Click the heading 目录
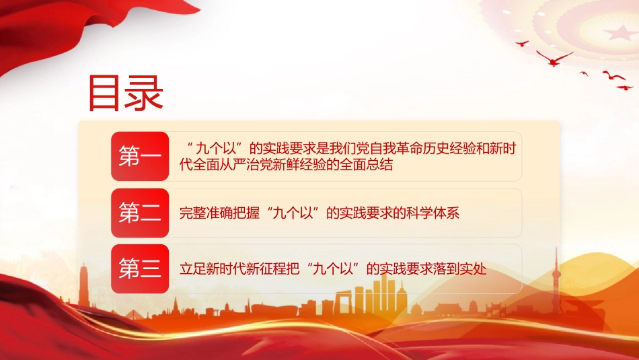point(126,94)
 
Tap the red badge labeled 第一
point(140,156)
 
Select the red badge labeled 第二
point(140,213)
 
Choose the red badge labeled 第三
point(140,268)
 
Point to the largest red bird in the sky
point(554,59)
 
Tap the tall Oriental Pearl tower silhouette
point(556,281)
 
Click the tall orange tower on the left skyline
point(83,285)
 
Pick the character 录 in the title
point(145,94)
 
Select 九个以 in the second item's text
point(293,213)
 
